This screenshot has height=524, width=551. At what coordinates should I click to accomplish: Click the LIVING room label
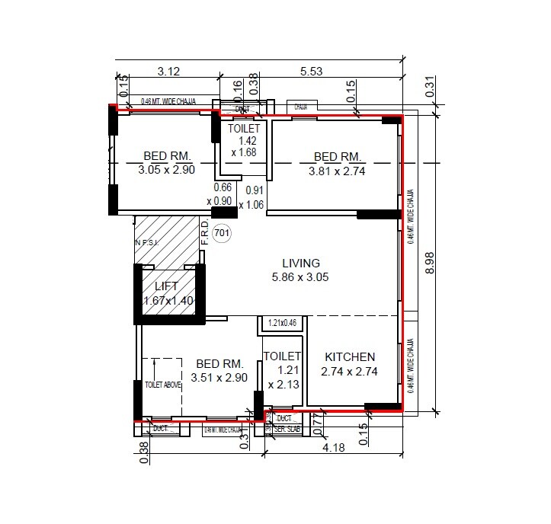coord(301,264)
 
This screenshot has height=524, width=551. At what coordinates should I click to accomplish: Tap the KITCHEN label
coord(350,357)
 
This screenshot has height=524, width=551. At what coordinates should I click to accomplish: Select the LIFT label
coord(166,286)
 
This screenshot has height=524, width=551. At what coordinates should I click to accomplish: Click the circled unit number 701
coord(223,233)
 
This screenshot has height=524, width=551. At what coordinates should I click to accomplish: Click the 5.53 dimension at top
coord(312,72)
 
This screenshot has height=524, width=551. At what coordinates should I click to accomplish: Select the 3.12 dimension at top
coord(168,72)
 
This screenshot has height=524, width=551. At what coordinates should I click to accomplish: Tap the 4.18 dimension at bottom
coord(333,448)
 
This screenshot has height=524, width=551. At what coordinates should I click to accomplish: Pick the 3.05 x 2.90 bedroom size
coord(167,171)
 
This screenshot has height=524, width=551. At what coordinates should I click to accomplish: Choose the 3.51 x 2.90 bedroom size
coord(219,377)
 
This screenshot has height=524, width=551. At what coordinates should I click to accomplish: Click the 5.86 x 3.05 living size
coord(301,278)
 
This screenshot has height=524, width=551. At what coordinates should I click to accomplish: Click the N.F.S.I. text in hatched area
coord(144,243)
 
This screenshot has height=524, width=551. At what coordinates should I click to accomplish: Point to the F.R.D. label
coord(204,232)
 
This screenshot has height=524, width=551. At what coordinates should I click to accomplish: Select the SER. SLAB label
coord(289,430)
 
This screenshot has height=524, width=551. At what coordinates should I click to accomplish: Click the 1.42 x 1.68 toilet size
coord(244,146)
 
